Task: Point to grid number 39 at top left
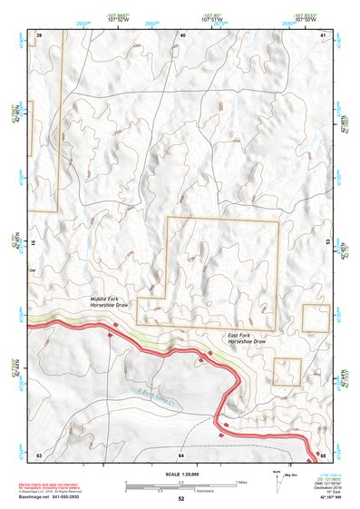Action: click(x=39, y=34)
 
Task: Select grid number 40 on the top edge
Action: click(x=182, y=34)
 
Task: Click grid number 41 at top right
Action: click(x=325, y=34)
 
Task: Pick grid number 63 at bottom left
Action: click(x=39, y=454)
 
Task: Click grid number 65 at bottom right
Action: click(x=325, y=454)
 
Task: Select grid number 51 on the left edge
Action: click(x=34, y=243)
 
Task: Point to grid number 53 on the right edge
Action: click(x=328, y=243)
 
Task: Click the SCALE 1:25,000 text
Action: click(x=180, y=474)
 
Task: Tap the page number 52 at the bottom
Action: click(x=181, y=499)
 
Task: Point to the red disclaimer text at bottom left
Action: click(x=63, y=485)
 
